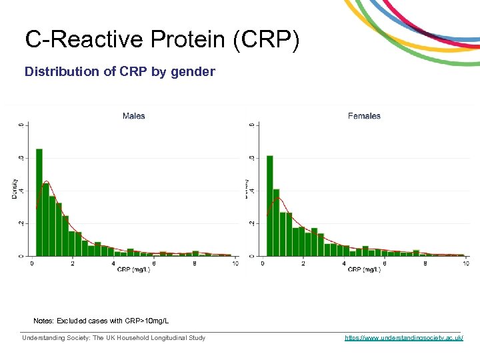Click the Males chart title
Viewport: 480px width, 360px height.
(x=133, y=116)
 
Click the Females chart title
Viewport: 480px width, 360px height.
(x=364, y=116)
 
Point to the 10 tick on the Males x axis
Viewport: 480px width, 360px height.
(x=235, y=263)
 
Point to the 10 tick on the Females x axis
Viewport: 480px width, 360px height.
(x=465, y=263)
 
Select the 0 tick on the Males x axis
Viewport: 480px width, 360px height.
(x=32, y=263)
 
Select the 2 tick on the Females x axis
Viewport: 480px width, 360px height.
(x=303, y=263)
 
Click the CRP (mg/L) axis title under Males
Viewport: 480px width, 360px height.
(x=133, y=270)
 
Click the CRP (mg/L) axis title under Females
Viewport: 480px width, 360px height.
(x=364, y=270)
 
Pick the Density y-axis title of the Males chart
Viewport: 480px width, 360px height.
(x=15, y=189)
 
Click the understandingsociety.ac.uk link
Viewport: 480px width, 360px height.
(x=403, y=338)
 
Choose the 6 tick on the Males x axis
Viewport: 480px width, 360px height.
(x=153, y=263)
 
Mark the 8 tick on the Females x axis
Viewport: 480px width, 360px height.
(x=425, y=263)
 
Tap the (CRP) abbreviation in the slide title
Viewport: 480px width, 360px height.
(x=266, y=39)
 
